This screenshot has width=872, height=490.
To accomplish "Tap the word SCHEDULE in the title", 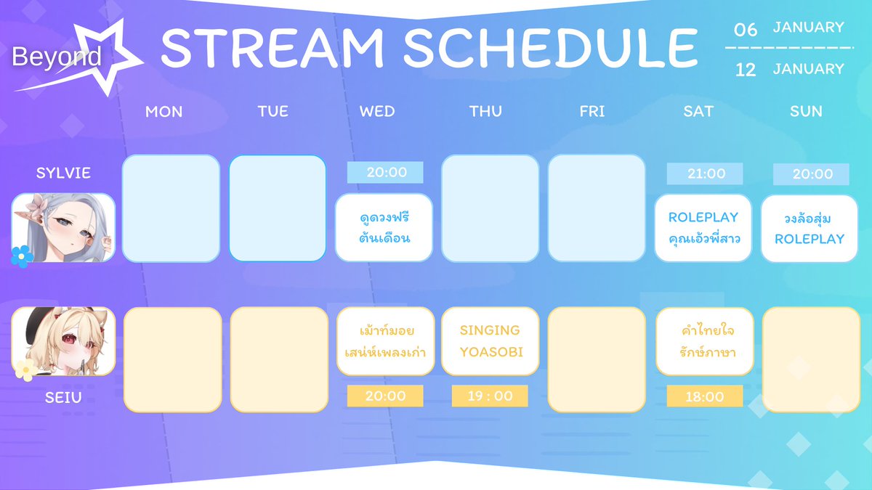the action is (552, 48).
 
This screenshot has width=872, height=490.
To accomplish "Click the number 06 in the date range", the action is (746, 30).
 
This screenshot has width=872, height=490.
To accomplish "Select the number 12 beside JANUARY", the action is (746, 70).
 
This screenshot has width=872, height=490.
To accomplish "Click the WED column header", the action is (377, 112).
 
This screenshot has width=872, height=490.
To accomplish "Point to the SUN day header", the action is (806, 112).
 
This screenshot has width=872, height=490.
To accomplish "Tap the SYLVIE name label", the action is (63, 173).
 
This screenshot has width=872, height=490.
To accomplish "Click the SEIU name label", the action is (63, 398).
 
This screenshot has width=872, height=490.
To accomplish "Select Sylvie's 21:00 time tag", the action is (705, 173).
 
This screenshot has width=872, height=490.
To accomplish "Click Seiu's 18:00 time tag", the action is (705, 396).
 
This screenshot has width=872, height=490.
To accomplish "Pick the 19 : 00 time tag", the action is (490, 396).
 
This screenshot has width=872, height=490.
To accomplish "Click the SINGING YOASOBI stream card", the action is (490, 341).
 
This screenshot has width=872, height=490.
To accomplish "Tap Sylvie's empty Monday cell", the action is (171, 208).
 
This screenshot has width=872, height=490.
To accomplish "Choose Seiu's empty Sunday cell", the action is (811, 359).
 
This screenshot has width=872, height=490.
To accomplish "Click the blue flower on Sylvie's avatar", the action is (21, 256).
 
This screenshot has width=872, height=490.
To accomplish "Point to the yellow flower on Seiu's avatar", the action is (26, 369).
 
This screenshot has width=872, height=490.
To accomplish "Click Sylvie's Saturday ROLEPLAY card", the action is (703, 228).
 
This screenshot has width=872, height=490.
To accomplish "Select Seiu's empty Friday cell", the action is (597, 359).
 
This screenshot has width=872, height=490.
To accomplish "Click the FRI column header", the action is (592, 112).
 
